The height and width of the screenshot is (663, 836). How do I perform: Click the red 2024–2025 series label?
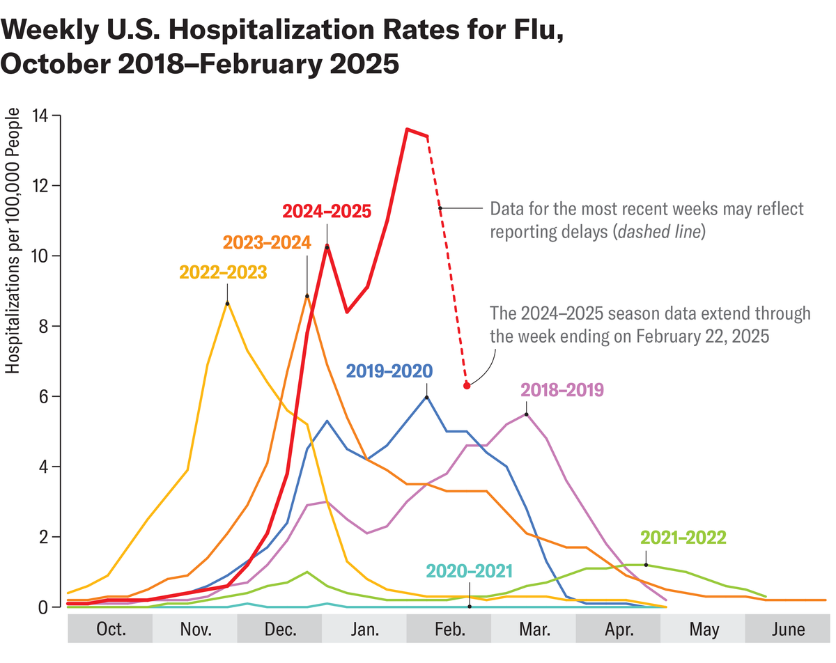(x=327, y=211)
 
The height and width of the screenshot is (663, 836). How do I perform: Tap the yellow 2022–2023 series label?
(x=223, y=272)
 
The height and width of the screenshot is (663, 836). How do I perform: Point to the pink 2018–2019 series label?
(x=562, y=389)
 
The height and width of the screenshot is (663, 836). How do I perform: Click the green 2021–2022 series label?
(x=683, y=537)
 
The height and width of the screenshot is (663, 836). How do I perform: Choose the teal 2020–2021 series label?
(x=470, y=571)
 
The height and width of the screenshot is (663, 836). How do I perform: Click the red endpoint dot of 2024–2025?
(x=467, y=385)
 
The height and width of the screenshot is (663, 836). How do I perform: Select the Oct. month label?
(x=110, y=630)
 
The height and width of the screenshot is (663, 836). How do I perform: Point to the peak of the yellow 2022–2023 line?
(x=227, y=303)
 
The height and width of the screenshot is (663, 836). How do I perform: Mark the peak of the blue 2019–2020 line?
(x=427, y=397)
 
